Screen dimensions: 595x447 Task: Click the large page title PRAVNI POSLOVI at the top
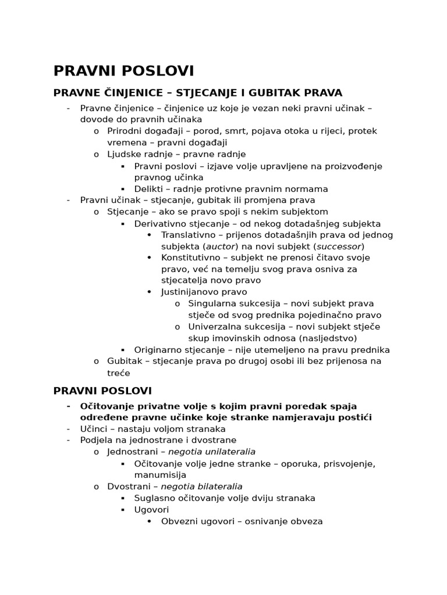123,71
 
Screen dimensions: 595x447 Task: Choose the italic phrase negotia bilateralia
205,486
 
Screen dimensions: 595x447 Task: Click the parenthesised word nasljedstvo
327,338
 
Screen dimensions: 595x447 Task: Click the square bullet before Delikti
123,189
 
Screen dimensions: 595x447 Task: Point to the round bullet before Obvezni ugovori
150,521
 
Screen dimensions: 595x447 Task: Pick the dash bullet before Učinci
69,429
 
